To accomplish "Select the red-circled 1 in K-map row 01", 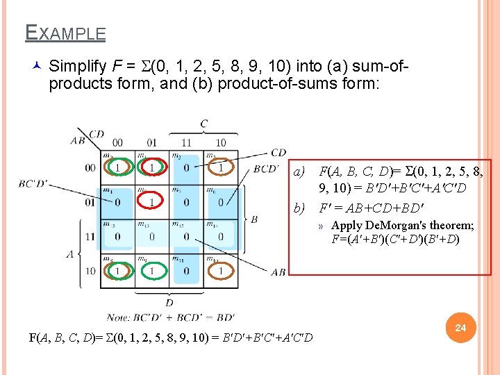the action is click(x=152, y=202).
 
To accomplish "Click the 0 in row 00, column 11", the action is click(x=186, y=168).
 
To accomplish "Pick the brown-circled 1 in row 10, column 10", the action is click(x=221, y=269).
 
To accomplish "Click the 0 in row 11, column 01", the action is click(x=152, y=236).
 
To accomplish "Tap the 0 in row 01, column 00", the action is click(x=117, y=202).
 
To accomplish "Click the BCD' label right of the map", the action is click(x=266, y=168).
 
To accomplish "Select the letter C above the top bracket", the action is click(x=203, y=124).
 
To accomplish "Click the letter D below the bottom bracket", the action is click(x=169, y=303).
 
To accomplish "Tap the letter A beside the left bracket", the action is click(x=69, y=254).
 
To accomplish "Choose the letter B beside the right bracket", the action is click(x=253, y=219).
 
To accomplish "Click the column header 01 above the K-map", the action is click(x=152, y=143).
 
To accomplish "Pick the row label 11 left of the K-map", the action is click(x=90, y=236).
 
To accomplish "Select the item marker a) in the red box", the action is click(x=299, y=172).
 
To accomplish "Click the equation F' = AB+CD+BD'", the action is click(x=370, y=207).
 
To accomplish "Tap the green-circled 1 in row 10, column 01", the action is click(x=152, y=269).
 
